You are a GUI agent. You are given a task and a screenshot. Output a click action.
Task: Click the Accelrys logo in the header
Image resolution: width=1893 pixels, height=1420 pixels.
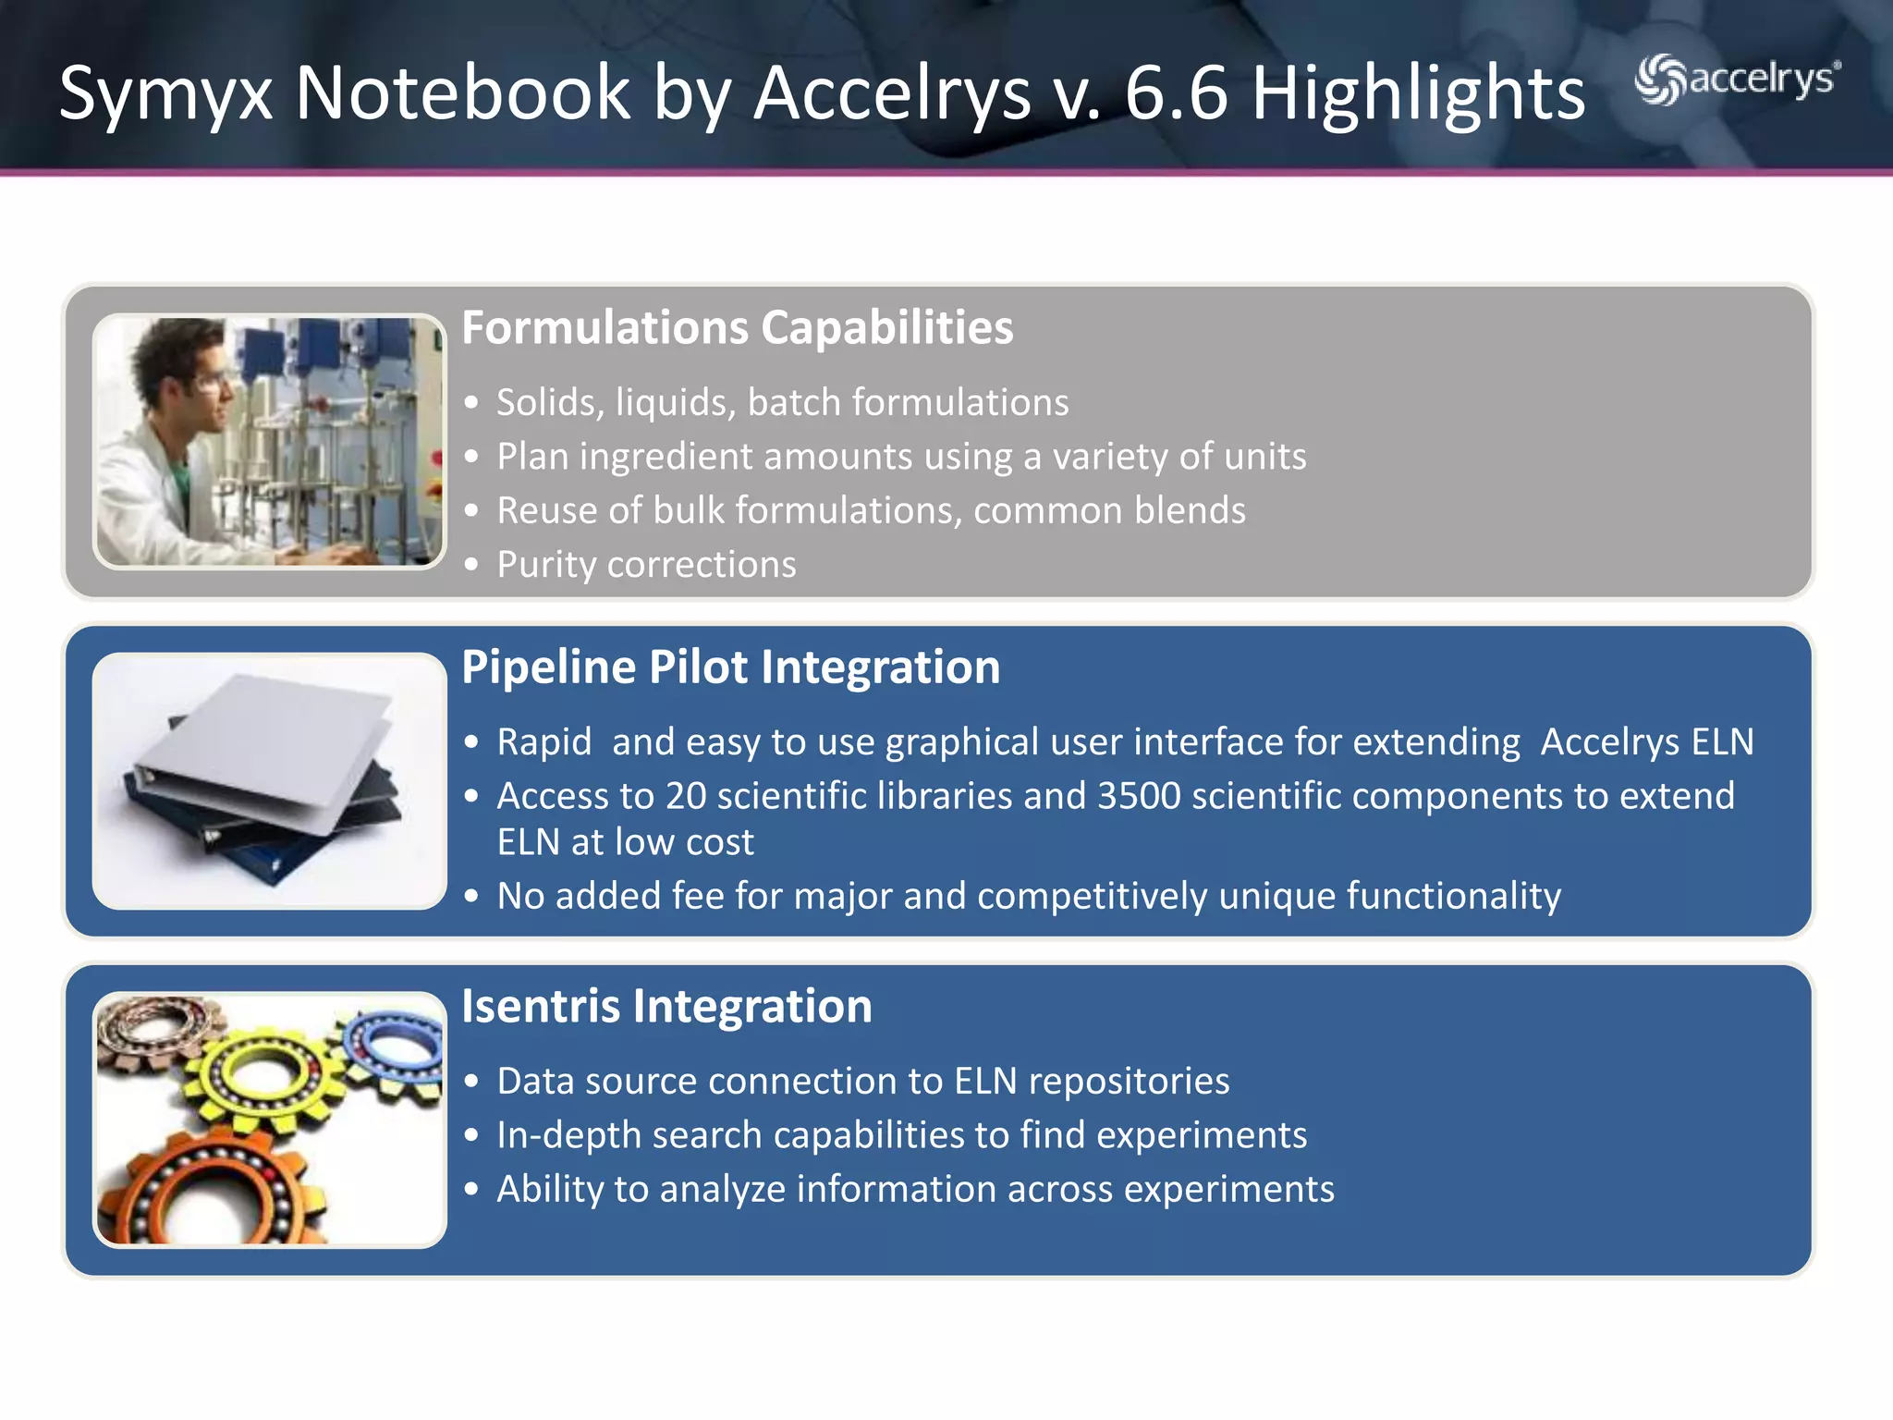[x=1737, y=80]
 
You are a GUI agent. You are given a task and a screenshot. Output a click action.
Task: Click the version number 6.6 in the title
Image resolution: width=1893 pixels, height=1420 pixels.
[x=1176, y=93]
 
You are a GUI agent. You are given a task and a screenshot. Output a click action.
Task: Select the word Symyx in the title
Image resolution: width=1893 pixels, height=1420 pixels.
[x=165, y=93]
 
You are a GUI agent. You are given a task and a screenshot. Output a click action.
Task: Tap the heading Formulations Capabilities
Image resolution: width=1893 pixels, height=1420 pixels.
[x=737, y=327]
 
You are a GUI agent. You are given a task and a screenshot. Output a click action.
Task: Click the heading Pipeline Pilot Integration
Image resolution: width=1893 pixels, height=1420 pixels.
[x=730, y=667]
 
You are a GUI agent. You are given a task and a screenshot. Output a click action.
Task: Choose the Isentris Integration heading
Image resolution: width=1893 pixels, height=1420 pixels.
[x=666, y=1006]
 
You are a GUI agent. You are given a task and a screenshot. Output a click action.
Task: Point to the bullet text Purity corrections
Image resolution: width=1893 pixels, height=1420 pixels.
[x=646, y=564]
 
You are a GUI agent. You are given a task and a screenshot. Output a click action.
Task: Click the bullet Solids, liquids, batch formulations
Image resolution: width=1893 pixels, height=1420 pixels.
[x=782, y=402]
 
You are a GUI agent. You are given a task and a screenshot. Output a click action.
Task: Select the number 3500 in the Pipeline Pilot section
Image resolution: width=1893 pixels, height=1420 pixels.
[x=1138, y=796]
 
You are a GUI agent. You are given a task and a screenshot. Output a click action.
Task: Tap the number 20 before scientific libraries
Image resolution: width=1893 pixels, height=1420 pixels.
[x=686, y=796]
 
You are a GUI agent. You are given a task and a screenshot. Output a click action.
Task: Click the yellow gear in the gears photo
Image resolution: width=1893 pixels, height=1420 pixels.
[x=259, y=1072]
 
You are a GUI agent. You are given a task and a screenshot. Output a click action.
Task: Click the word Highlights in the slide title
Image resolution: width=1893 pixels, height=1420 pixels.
[x=1418, y=93]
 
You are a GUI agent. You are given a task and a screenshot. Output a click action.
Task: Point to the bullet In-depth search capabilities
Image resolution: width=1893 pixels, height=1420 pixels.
[x=901, y=1134]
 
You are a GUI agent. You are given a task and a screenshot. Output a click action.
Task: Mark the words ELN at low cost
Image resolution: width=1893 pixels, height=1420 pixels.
[x=625, y=842]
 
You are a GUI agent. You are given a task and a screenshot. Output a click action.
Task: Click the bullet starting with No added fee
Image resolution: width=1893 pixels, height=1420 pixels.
[x=1028, y=896]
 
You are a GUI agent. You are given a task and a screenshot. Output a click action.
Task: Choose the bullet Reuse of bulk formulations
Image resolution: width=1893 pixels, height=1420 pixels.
[x=871, y=510]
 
